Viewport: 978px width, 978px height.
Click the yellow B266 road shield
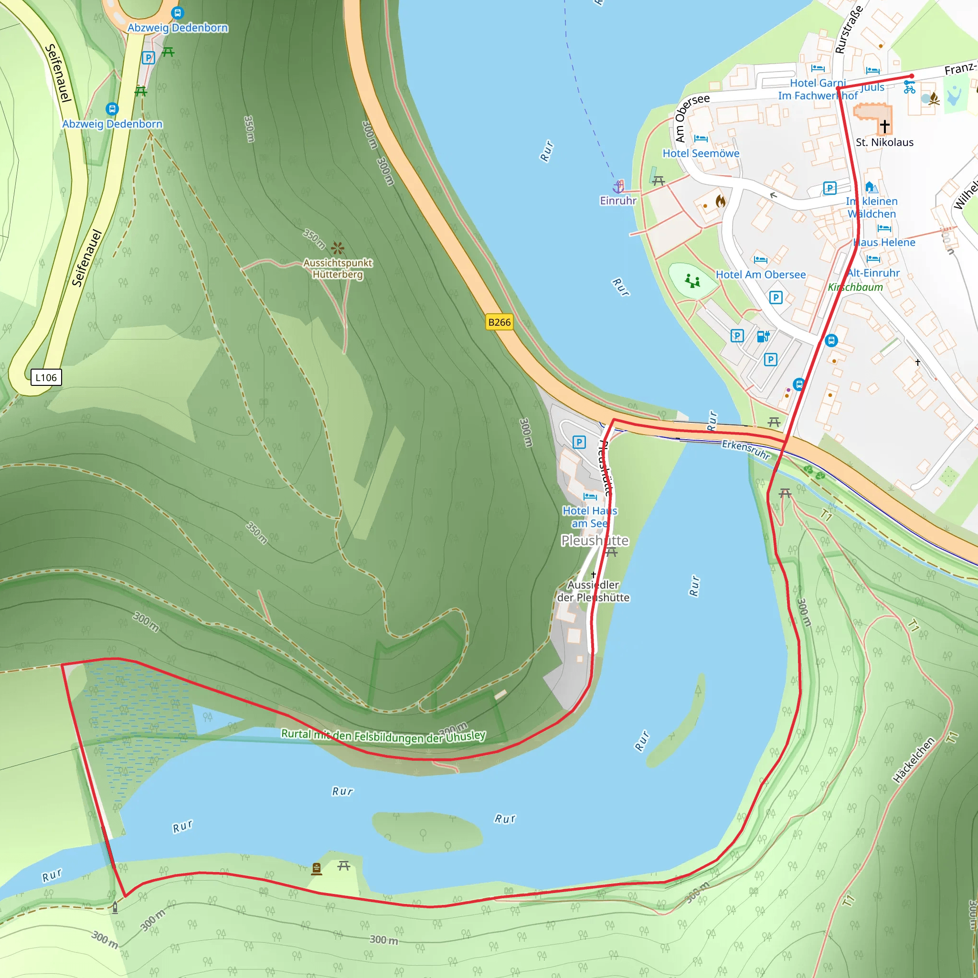[x=499, y=322]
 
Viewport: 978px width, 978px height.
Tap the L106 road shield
[x=46, y=378]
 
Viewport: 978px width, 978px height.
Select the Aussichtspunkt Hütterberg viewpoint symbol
[x=338, y=248]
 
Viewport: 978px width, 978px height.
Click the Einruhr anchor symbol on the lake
[x=618, y=187]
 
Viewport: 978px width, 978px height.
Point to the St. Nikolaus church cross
[x=885, y=125]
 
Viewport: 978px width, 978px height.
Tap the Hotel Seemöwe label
[x=701, y=153]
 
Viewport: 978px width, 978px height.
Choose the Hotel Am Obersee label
[x=760, y=275]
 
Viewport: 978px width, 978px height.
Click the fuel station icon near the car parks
[x=763, y=336]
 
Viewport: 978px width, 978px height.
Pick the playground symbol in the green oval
[x=692, y=280]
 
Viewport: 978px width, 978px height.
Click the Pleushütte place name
[x=595, y=541]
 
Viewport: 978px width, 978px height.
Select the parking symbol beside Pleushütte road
[x=579, y=442]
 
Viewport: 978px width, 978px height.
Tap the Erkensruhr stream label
[x=745, y=449]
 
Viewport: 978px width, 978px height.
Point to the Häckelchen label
[x=913, y=760]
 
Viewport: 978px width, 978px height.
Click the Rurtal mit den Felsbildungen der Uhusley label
[x=383, y=735]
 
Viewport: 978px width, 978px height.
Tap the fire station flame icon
[x=720, y=202]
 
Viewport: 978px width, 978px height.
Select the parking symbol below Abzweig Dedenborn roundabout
[x=149, y=58]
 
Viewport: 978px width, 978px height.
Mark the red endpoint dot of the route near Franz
[x=912, y=76]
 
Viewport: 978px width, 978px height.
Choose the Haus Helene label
[x=884, y=243]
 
